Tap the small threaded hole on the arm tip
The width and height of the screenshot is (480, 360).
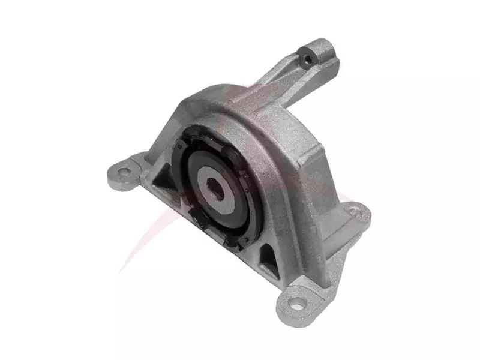pyautogui.click(x=307, y=58)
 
